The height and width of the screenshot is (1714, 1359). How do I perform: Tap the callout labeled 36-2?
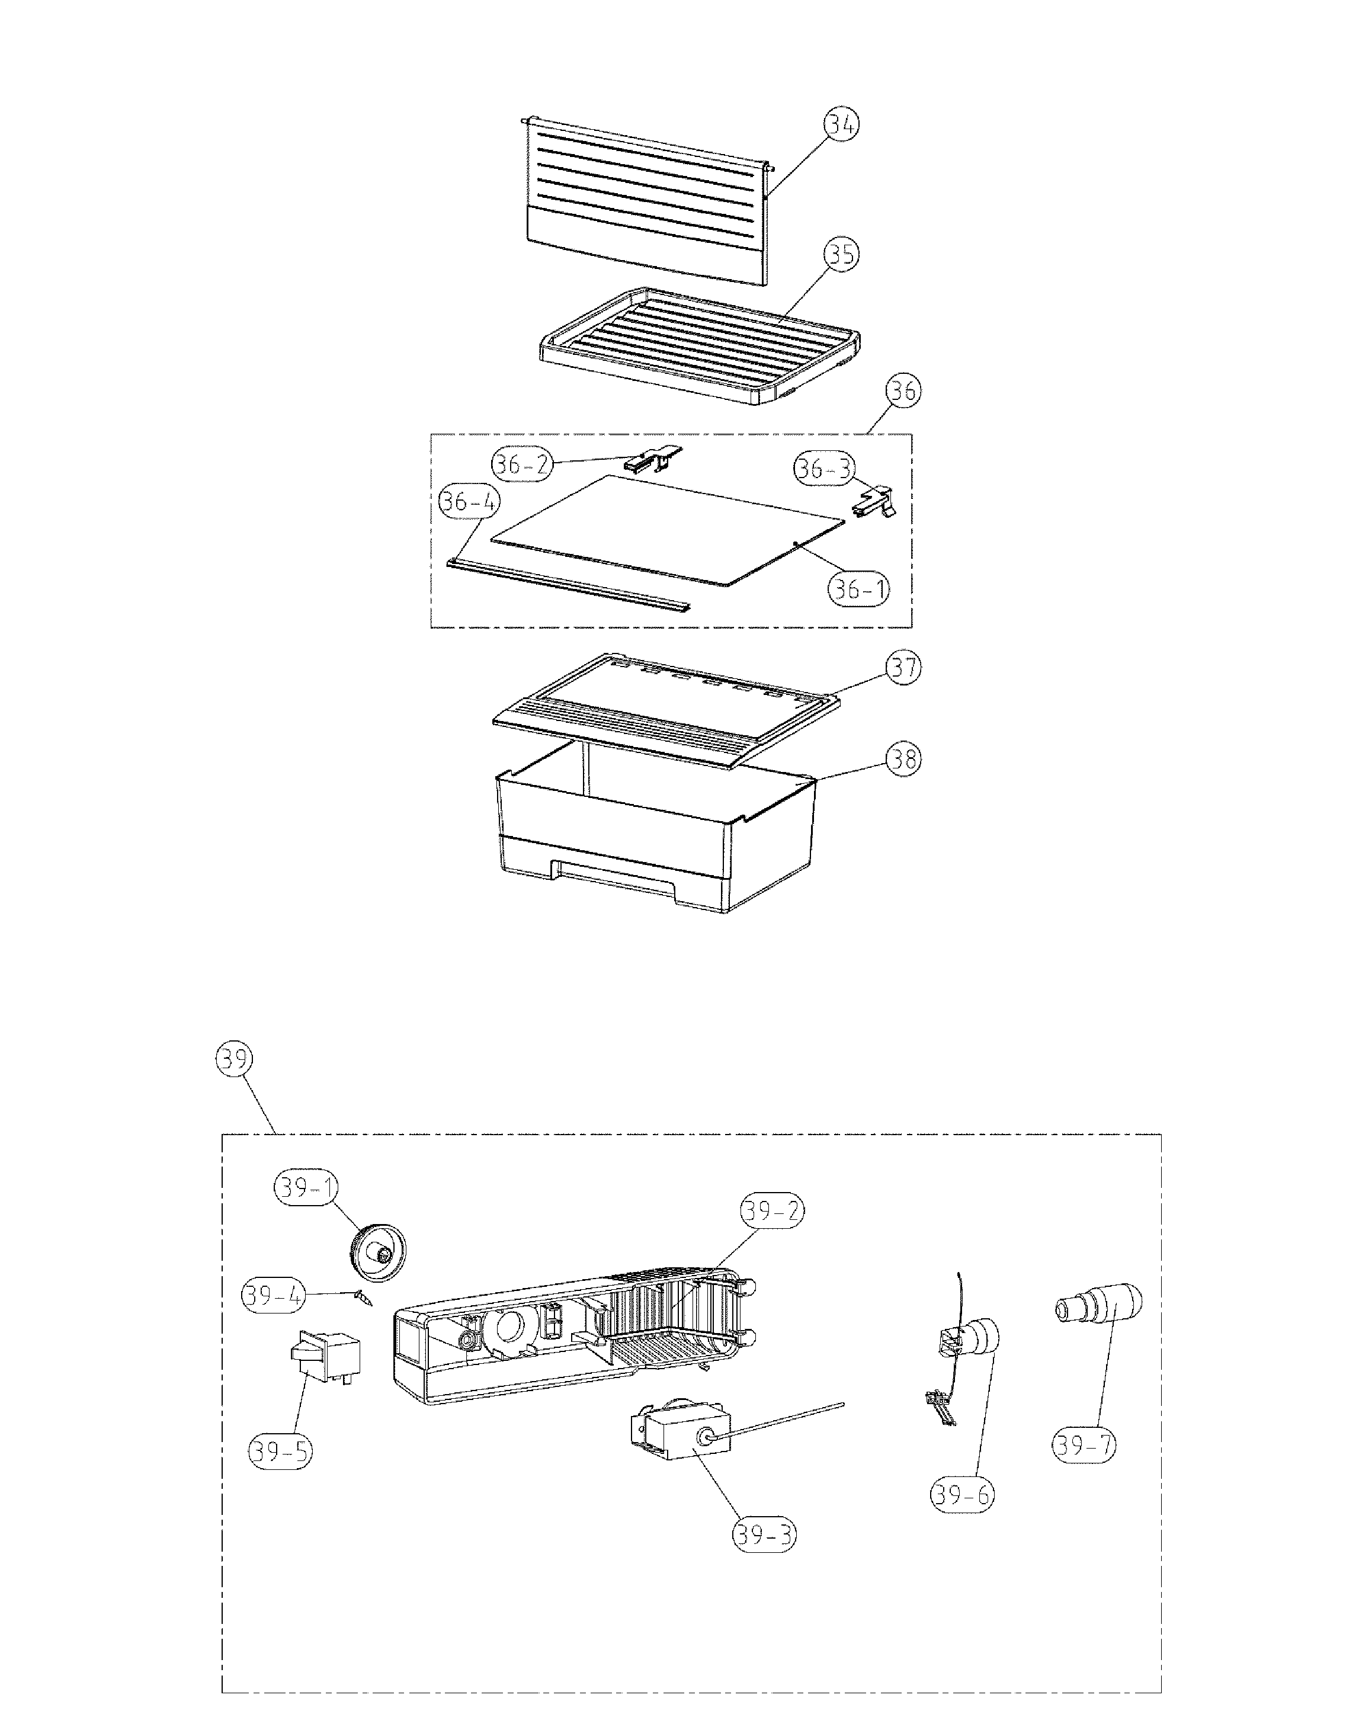tap(521, 463)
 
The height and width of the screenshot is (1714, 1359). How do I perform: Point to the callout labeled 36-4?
tap(469, 502)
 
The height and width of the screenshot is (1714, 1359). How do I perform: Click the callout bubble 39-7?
tap(1083, 1444)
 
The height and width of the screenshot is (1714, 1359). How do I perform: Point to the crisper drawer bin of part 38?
tap(656, 842)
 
